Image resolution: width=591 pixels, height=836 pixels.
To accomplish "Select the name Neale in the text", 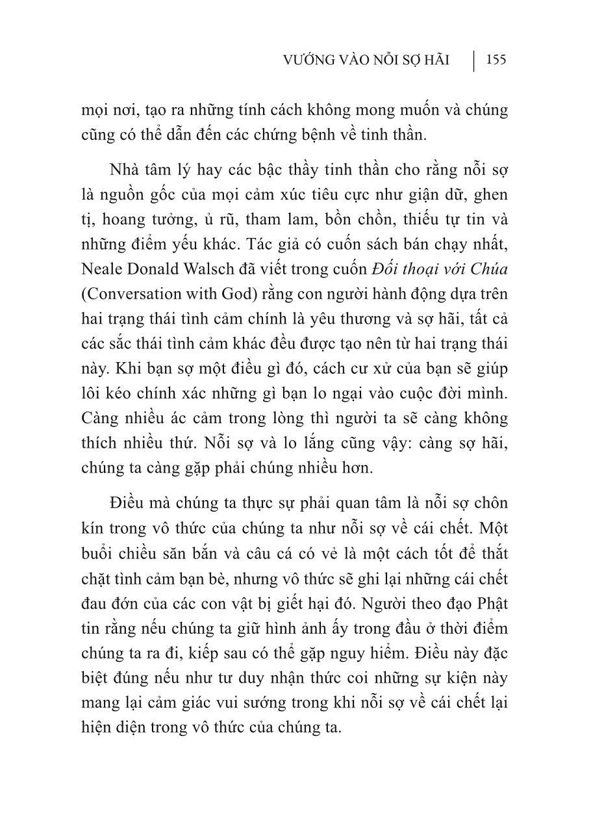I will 103,268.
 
